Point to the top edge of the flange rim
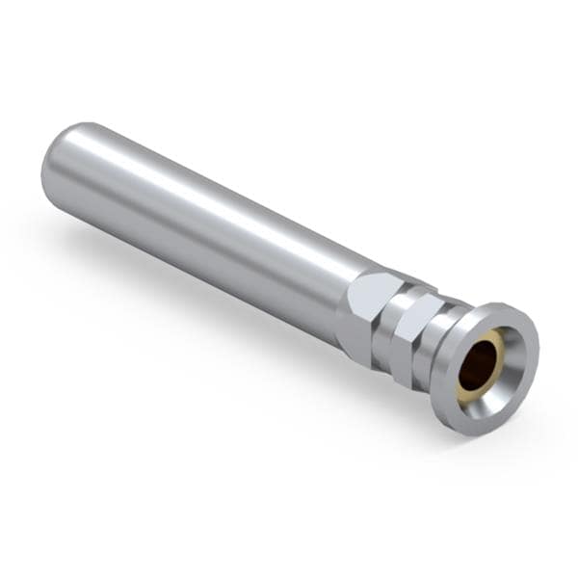click(x=501, y=306)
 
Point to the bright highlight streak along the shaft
click(x=193, y=183)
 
